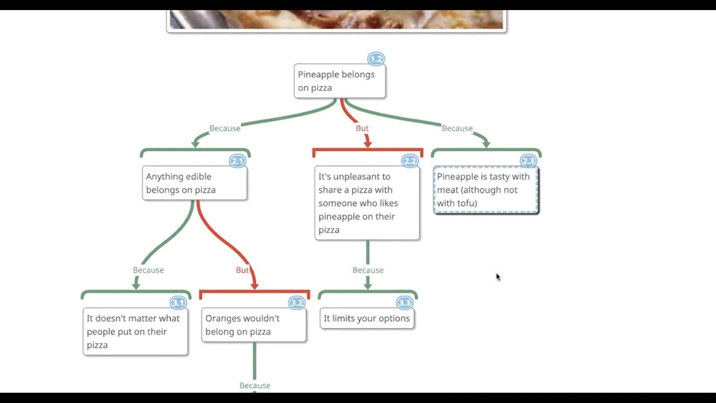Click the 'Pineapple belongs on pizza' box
pyautogui.click(x=340, y=81)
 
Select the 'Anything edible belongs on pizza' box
pyautogui.click(x=194, y=183)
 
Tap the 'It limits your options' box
pyautogui.click(x=367, y=318)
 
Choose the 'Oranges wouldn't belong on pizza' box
pyautogui.click(x=253, y=325)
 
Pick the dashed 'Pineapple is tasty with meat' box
pyautogui.click(x=486, y=190)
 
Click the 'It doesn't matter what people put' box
pyautogui.click(x=135, y=331)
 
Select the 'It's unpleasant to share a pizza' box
pyautogui.click(x=367, y=203)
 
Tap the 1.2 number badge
pyautogui.click(x=376, y=59)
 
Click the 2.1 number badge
pyautogui.click(x=238, y=161)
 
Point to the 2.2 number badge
pyautogui.click(x=410, y=161)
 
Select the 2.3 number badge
pyautogui.click(x=529, y=161)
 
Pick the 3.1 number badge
pyautogui.click(x=178, y=303)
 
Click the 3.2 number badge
pyautogui.click(x=296, y=303)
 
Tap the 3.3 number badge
pyautogui.click(x=404, y=303)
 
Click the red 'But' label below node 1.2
pyautogui.click(x=362, y=128)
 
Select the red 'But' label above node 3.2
pyautogui.click(x=242, y=270)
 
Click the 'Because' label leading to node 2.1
pyautogui.click(x=225, y=128)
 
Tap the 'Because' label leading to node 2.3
pyautogui.click(x=457, y=128)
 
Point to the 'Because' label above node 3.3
pyautogui.click(x=368, y=270)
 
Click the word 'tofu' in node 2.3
pyautogui.click(x=466, y=203)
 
